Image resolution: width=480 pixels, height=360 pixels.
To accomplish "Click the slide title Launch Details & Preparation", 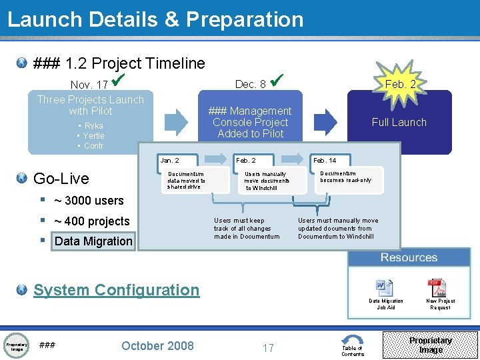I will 155,19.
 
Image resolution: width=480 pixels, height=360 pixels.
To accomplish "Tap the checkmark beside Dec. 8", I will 279,81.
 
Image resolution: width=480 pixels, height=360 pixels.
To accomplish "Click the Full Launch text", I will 399,122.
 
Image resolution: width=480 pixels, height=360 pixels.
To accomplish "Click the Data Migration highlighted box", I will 93,241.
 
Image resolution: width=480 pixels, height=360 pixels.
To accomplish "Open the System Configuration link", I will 116,290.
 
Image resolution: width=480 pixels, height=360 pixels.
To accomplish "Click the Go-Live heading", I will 61,178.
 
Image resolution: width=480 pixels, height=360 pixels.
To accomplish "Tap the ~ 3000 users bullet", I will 89,201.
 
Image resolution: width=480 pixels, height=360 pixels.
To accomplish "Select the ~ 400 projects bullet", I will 91,221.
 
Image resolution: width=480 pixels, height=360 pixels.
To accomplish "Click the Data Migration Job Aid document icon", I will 385,287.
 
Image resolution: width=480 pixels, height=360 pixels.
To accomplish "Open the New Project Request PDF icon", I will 437,287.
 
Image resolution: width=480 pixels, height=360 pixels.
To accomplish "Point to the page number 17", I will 268,347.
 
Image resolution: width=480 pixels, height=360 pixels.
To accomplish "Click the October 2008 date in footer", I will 157,345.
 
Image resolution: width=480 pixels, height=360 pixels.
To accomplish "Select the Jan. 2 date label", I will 169,161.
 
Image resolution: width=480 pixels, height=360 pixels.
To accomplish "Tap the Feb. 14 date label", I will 325,161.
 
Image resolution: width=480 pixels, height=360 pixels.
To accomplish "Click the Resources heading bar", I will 409,257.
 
